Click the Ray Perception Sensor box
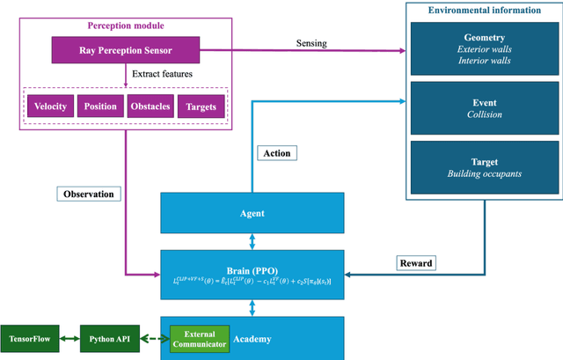[125, 51]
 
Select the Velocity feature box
[51, 107]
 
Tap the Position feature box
[99, 107]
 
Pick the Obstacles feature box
[150, 107]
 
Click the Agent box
[252, 213]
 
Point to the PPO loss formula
[252, 279]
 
